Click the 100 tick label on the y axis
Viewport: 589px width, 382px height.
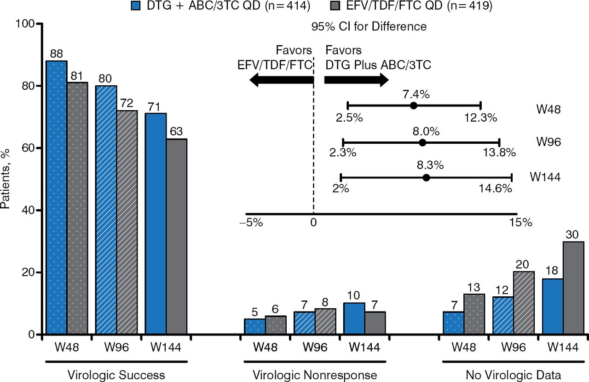(x=25, y=24)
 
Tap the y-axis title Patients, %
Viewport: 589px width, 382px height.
(x=6, y=180)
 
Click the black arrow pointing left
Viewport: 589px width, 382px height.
(x=281, y=80)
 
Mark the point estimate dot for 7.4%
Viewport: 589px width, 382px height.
(x=413, y=106)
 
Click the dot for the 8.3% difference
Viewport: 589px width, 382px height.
(x=426, y=177)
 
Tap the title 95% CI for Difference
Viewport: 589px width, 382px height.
(x=369, y=27)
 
